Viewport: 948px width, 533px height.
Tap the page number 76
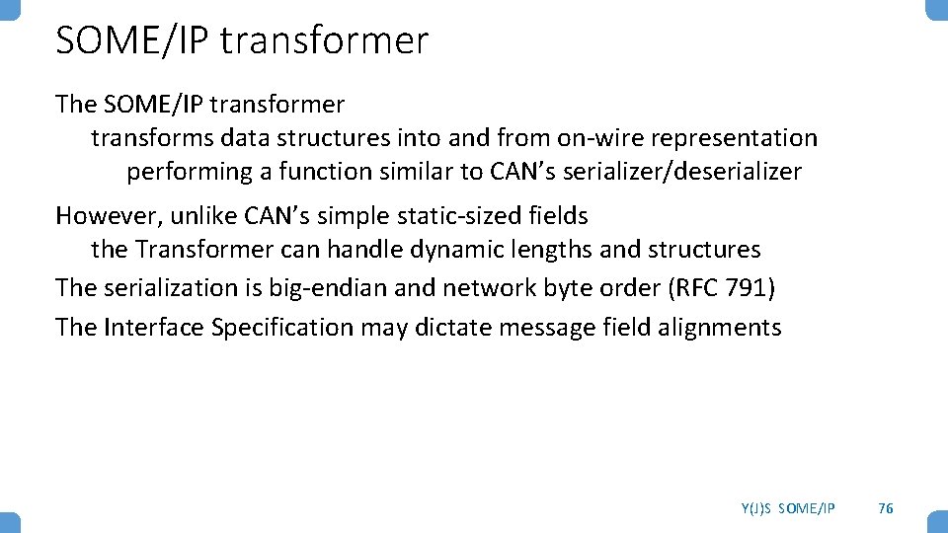(886, 507)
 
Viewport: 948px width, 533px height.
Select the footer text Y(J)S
(756, 508)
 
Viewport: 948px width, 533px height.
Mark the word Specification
(281, 327)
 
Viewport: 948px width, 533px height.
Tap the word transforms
(151, 138)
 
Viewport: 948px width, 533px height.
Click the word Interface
(153, 327)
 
